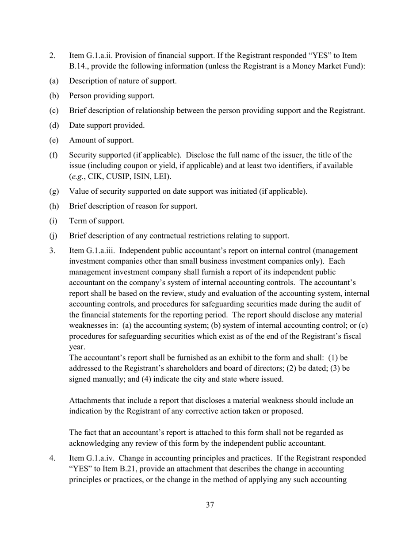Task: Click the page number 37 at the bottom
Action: pos(210,505)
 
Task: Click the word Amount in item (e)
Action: pos(83,140)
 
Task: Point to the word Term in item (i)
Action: pos(78,221)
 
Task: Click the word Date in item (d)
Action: pos(77,126)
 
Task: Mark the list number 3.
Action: pos(52,251)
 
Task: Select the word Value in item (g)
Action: pos(79,192)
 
